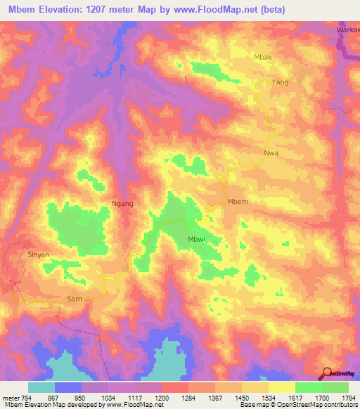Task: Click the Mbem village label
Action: tap(238, 202)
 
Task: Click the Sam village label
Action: tap(75, 299)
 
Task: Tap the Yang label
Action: tap(281, 82)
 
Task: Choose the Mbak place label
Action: tap(262, 57)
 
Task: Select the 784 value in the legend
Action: tap(25, 397)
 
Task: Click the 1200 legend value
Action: tap(162, 397)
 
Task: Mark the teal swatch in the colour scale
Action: tap(41, 387)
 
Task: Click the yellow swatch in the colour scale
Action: tap(281, 387)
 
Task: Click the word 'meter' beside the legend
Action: tap(9, 397)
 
